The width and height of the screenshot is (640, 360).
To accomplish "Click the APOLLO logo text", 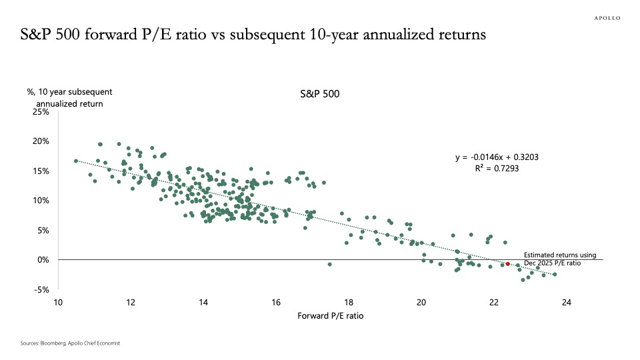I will coord(607,19).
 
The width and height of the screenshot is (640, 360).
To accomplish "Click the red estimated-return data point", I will coord(507,264).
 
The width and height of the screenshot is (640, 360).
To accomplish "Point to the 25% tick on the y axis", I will coord(41,111).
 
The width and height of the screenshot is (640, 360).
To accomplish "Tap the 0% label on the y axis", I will coord(43,259).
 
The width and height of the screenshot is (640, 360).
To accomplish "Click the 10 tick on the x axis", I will coord(59,302).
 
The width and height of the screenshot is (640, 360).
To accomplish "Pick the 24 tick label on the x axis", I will coord(566,302).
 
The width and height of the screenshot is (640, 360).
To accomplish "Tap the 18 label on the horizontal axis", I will coord(349,302).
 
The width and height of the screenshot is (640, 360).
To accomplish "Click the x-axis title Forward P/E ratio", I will coord(329,316).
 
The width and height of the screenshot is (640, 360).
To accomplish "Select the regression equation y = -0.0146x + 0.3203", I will coord(496,157).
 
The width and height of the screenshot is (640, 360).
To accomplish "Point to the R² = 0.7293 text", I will coord(496,169).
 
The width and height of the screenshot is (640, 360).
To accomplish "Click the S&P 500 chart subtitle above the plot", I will coord(320,95).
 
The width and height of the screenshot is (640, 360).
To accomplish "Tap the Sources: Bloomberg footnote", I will coord(70,343).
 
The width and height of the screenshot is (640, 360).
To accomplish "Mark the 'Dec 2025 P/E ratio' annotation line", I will coord(552,263).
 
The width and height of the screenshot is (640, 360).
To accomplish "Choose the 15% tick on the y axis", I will coord(41,171).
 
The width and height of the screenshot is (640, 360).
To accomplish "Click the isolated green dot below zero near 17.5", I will coord(329,265).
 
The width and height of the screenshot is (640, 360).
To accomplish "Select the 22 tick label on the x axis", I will coord(494,302).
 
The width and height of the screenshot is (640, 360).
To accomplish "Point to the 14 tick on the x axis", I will coord(203,302).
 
